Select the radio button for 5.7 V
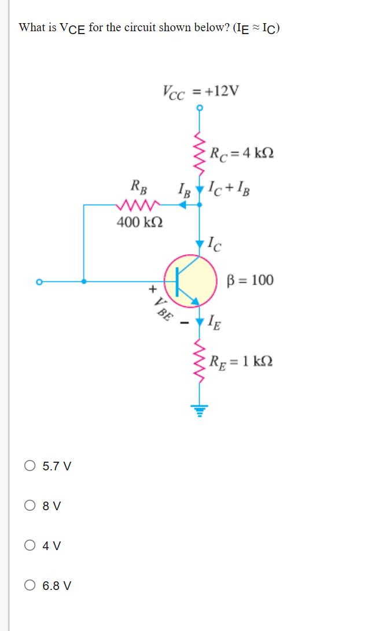[x=30, y=466]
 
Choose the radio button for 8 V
[x=30, y=506]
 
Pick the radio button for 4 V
[x=30, y=545]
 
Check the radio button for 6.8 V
[x=30, y=585]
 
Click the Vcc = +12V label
[x=200, y=91]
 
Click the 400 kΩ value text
[x=139, y=222]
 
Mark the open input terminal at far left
[x=39, y=282]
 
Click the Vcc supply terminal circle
[x=200, y=107]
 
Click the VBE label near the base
[x=163, y=309]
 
